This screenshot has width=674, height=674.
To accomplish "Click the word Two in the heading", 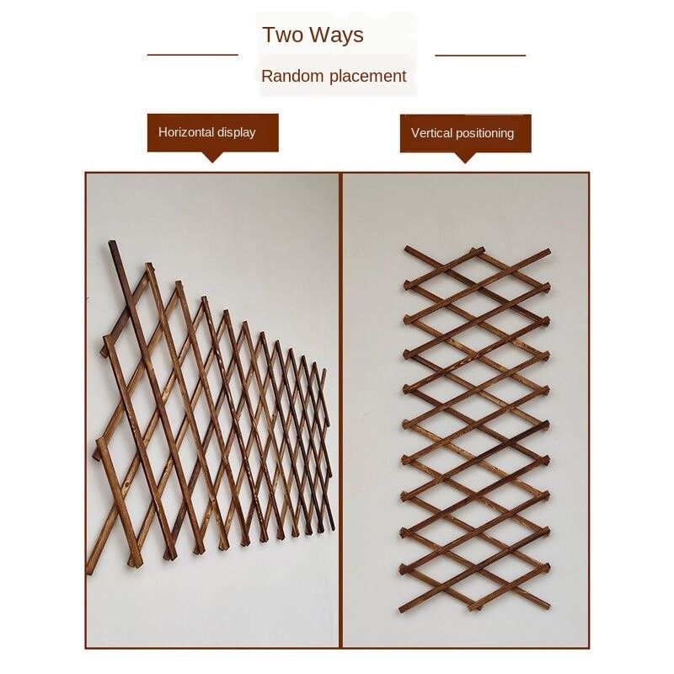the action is [284, 35].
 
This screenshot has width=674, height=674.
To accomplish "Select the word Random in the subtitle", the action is [292, 76].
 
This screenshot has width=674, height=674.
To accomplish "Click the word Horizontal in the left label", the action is [185, 132].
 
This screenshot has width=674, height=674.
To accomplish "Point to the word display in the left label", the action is [237, 132].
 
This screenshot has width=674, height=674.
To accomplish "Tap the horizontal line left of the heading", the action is [193, 55].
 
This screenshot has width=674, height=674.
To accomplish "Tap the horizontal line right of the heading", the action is [480, 56].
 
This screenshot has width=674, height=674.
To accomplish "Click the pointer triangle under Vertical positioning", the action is [465, 158].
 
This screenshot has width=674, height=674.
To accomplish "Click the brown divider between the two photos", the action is [340, 410].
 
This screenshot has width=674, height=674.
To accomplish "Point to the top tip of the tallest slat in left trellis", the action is [112, 242].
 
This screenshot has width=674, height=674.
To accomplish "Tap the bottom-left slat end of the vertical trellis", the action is [403, 608].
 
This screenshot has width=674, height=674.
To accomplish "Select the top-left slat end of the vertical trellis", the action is [408, 249].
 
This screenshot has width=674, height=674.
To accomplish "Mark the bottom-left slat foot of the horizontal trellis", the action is [90, 571].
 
